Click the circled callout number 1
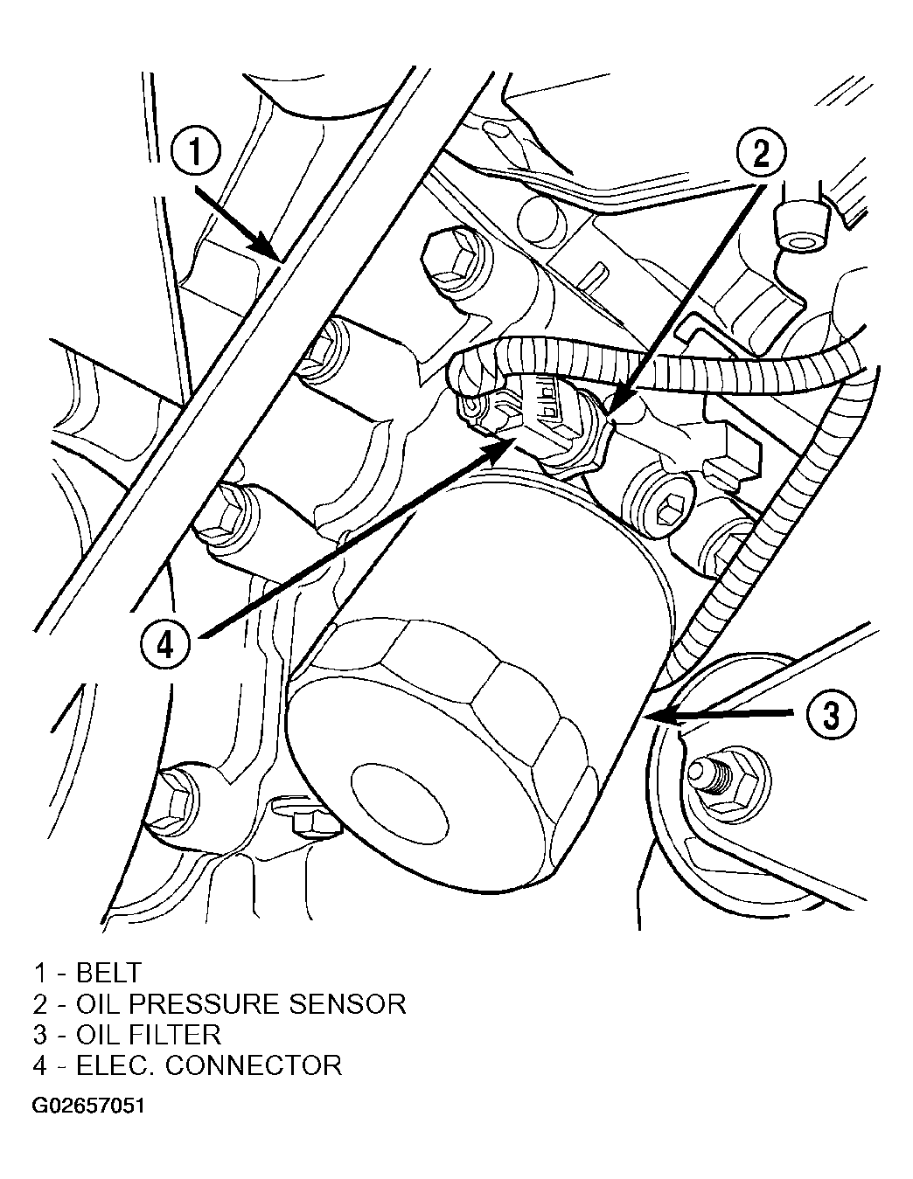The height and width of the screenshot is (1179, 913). [195, 151]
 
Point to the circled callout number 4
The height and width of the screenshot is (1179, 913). [165, 646]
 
